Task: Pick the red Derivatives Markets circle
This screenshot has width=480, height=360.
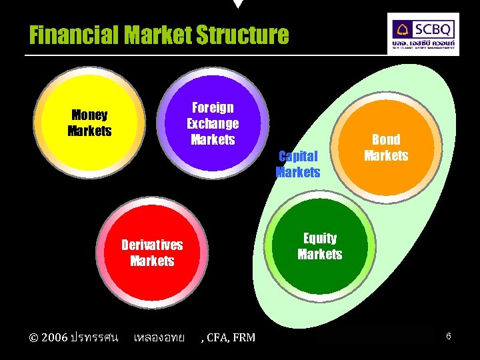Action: [152, 252]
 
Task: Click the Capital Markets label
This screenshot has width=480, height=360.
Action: [298, 164]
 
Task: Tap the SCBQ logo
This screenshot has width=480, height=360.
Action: [423, 33]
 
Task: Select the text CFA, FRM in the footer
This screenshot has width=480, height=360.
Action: [230, 337]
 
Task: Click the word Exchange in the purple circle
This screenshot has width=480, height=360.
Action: [213, 124]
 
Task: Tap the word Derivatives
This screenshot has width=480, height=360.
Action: [152, 245]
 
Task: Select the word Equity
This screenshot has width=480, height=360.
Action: [320, 238]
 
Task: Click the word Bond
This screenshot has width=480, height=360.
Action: [386, 139]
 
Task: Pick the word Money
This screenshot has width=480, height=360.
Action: [89, 115]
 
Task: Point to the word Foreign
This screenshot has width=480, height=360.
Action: [213, 108]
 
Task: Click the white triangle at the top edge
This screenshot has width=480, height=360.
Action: [238, 4]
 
